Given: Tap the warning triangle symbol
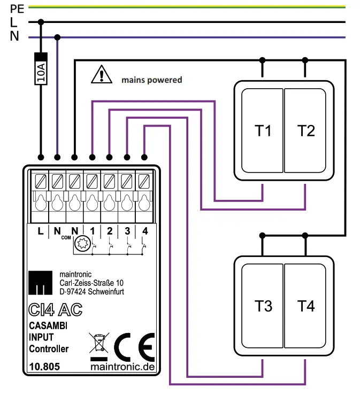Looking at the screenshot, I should pyautogui.click(x=100, y=74).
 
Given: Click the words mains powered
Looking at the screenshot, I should pyautogui.click(x=151, y=80).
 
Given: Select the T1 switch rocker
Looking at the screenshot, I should pyautogui.click(x=263, y=130).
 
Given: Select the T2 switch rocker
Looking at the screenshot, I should pyautogui.click(x=306, y=130).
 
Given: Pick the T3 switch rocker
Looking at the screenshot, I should pyautogui.click(x=263, y=306).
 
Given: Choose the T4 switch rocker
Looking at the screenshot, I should pyautogui.click(x=306, y=306).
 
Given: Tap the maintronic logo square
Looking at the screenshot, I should pyautogui.click(x=41, y=283).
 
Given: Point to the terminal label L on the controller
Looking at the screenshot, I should pyautogui.click(x=40, y=231).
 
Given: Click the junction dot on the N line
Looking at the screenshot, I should pyautogui.click(x=58, y=37).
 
